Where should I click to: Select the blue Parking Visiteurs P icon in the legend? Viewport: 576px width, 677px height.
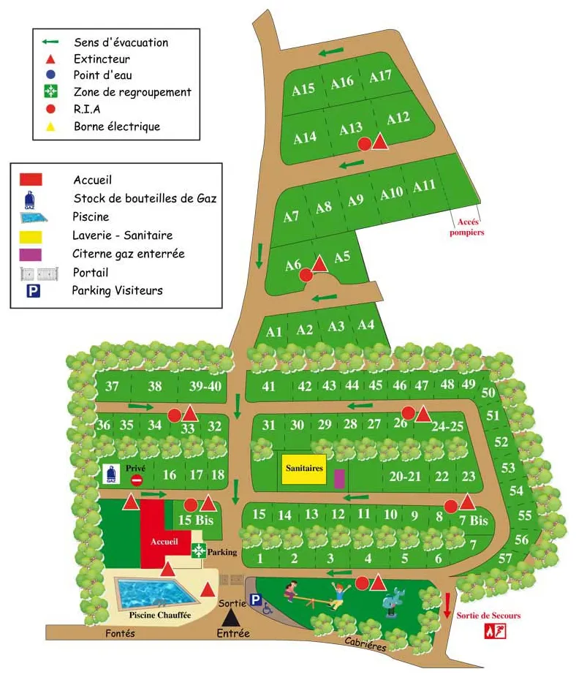click(33, 291)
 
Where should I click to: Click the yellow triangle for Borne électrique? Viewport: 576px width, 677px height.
click(50, 126)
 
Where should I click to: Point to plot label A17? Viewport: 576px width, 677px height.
click(380, 76)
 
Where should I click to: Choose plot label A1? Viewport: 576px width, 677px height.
click(274, 332)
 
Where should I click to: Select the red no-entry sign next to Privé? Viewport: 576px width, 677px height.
click(137, 480)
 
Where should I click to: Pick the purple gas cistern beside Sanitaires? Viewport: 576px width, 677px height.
click(338, 479)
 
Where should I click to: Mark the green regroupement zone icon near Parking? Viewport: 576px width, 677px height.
click(197, 551)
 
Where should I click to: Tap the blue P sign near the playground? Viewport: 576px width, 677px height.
click(255, 600)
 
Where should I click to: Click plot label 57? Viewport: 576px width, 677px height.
click(504, 559)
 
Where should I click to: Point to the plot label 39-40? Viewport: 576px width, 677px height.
click(204, 387)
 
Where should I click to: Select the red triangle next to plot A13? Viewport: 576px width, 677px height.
click(380, 142)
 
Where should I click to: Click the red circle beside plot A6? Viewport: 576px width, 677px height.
click(306, 275)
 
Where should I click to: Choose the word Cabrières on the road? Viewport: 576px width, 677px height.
click(366, 643)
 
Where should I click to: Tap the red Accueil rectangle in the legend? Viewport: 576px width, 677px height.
click(31, 179)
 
